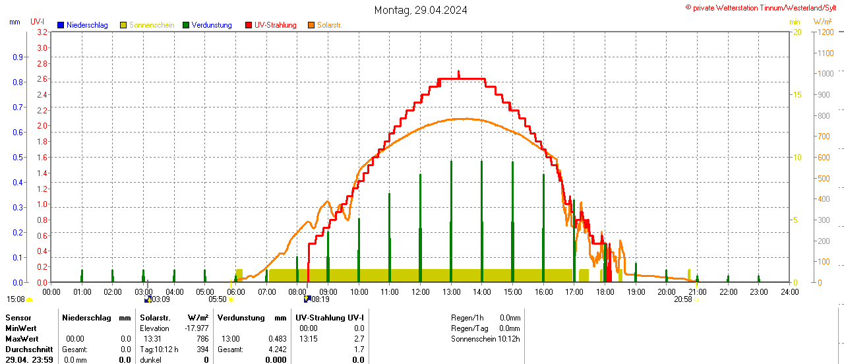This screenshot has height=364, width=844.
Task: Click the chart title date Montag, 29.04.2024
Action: point(421,10)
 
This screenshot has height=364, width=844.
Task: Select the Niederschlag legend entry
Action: point(82,25)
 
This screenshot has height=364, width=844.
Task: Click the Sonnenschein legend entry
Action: point(151,25)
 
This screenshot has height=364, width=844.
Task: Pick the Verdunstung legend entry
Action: point(211,25)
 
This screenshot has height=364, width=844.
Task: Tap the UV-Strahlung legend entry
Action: point(274,25)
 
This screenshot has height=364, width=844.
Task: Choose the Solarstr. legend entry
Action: point(328,25)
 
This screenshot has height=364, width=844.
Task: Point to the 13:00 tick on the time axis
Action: point(451,291)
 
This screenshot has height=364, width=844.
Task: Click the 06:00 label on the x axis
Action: point(235,291)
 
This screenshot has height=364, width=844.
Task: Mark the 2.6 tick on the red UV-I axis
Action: point(42,79)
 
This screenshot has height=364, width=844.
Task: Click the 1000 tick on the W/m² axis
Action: point(825,73)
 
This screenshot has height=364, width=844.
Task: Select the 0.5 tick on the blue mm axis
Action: point(17,157)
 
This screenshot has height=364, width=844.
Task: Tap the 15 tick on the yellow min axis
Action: point(797,94)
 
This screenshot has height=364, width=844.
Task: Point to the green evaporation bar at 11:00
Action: point(390,237)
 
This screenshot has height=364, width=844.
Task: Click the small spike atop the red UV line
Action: point(459,73)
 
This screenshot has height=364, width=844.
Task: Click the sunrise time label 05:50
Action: point(218,299)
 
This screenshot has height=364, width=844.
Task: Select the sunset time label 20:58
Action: point(682,299)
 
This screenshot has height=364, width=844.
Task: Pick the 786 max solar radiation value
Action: point(202,339)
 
